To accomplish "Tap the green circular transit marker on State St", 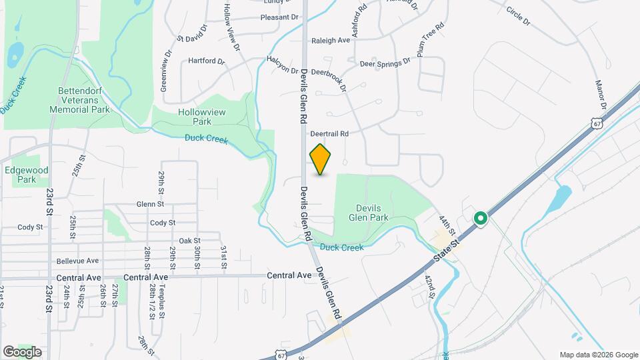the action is coord(480,219).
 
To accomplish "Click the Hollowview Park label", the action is coord(194,117).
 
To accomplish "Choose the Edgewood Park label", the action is coord(20,175).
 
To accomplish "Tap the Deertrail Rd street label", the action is coord(330,133).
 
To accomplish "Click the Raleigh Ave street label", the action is coord(331,41).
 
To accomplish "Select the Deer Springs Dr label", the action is coord(385,64).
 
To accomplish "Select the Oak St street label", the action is coord(190,241).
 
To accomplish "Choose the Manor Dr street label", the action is coord(602,96).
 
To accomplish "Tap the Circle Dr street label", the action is coord(518,17).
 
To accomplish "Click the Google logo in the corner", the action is coord(22,351).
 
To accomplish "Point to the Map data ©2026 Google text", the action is coord(598,355).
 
